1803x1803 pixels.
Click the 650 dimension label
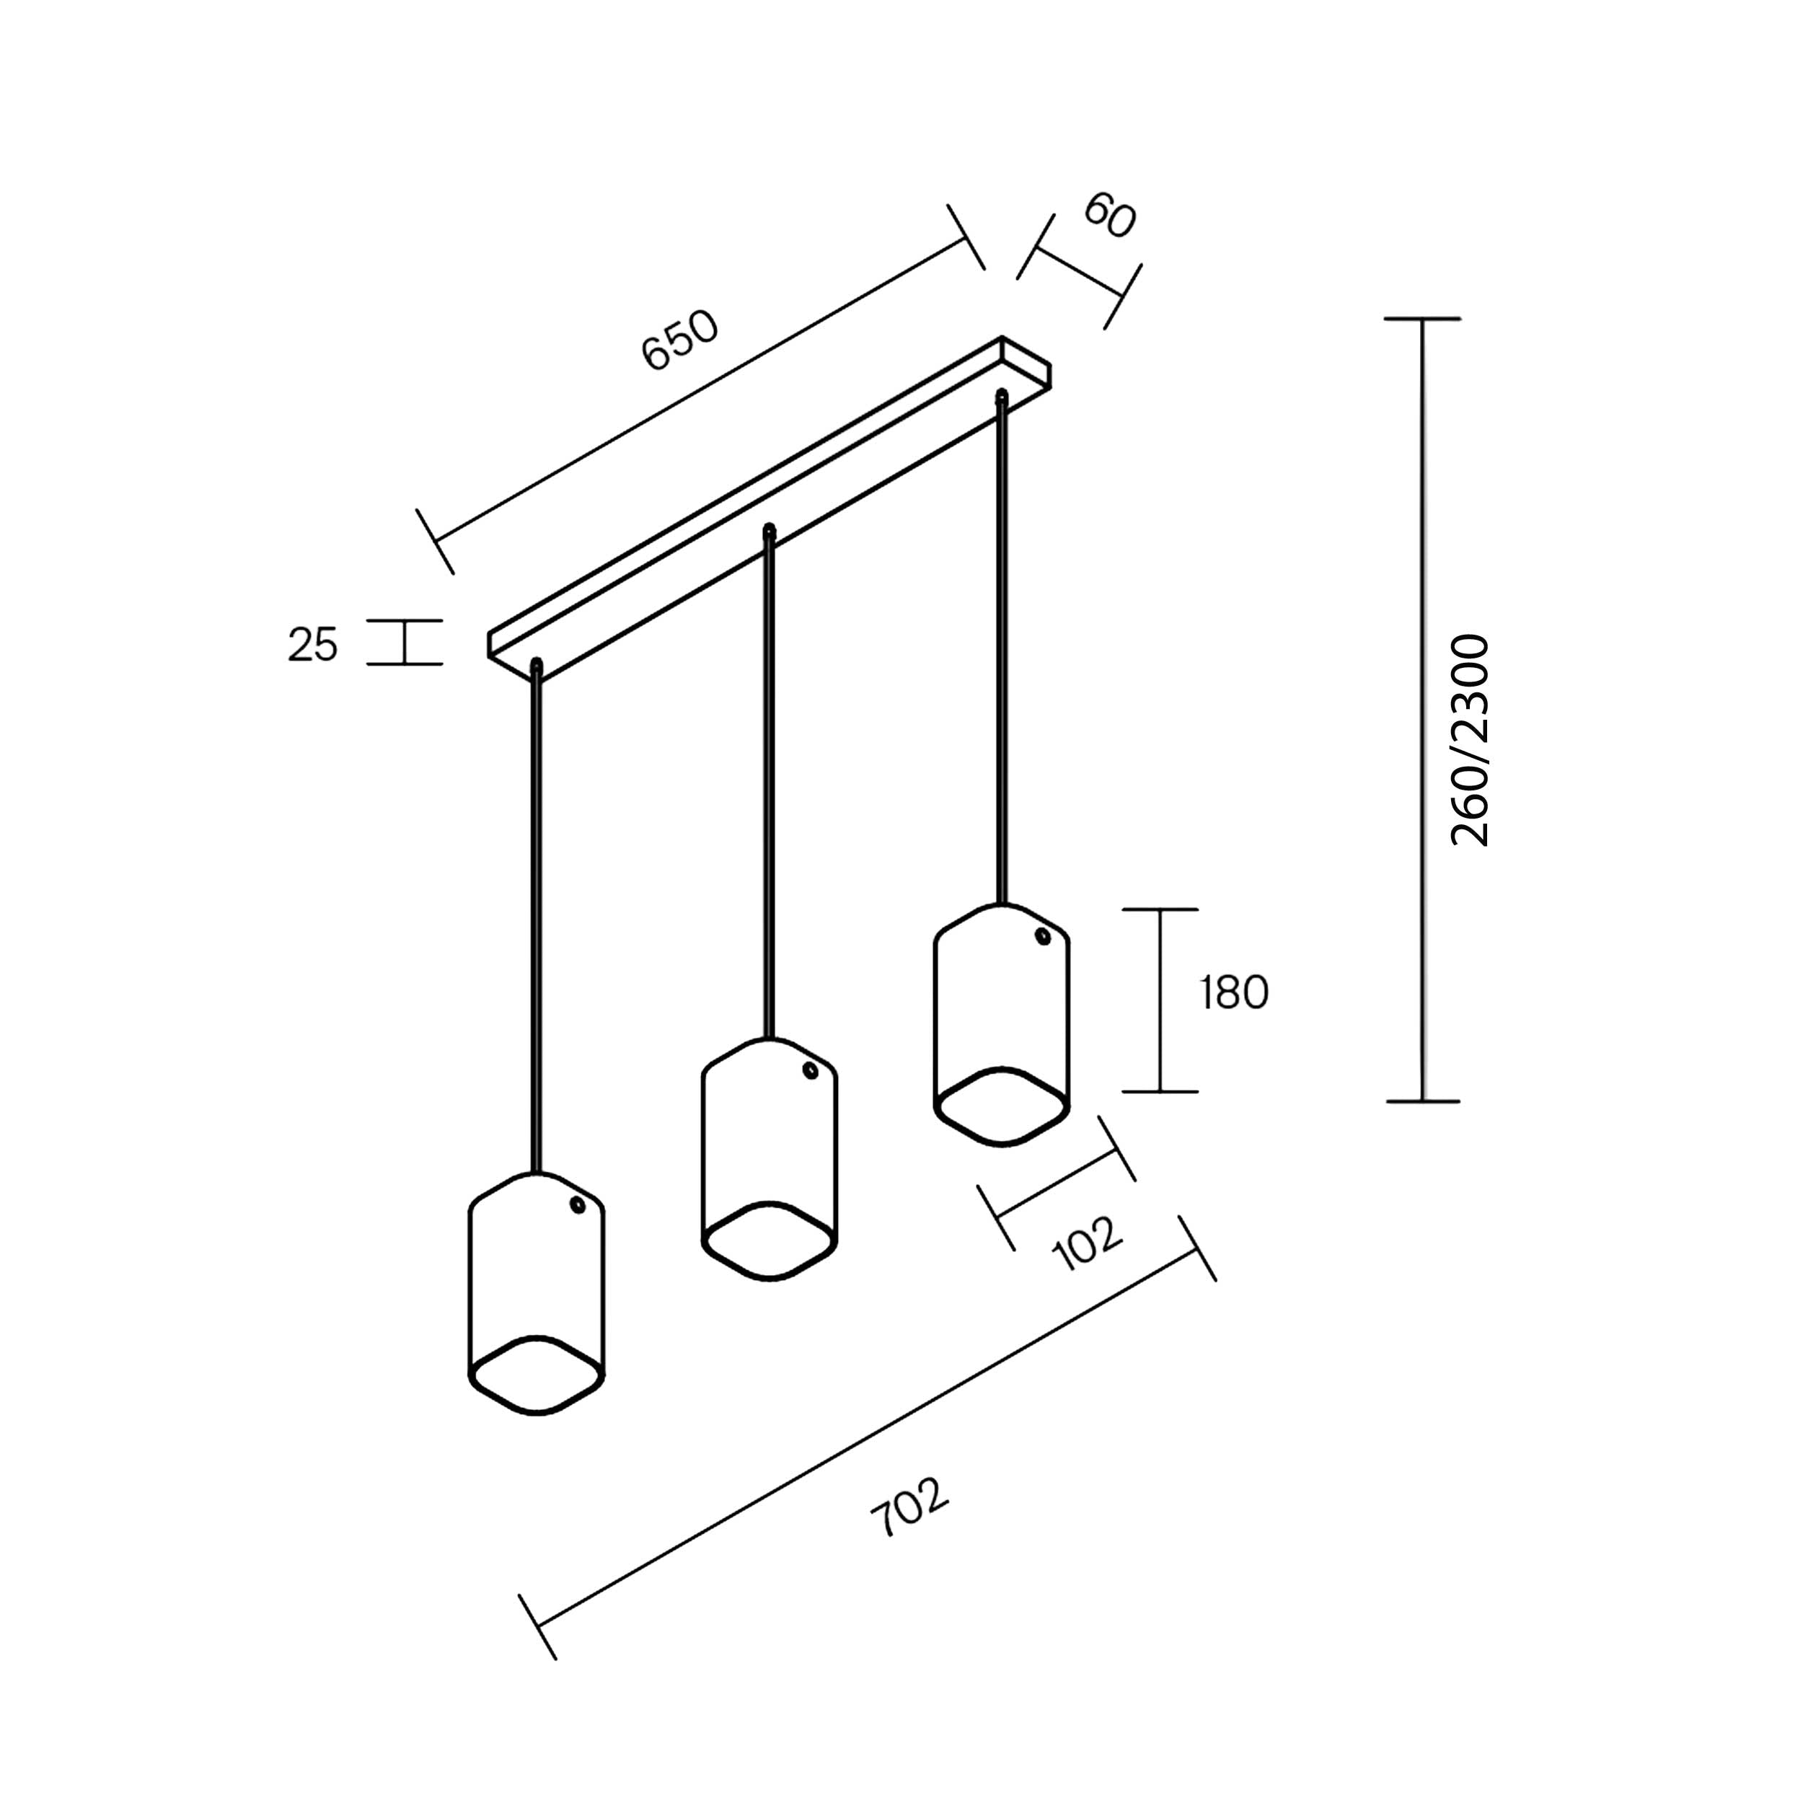pos(682,340)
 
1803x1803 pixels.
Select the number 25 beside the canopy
pos(312,645)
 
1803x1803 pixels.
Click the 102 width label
pos(1088,1244)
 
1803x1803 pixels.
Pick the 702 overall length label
pos(910,1507)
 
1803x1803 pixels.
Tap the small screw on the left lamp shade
pos(578,1206)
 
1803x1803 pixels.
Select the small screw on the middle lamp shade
pos(810,1070)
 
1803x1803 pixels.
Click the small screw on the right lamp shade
pos(1042,936)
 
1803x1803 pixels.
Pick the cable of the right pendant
pos(1002,648)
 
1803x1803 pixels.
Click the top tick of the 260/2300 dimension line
pos(1421,319)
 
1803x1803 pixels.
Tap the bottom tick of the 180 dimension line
pos(1160,1091)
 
